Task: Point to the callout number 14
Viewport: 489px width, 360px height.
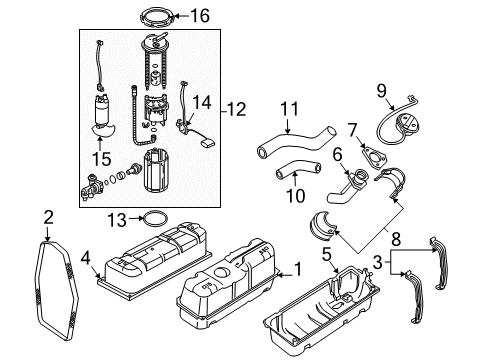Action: click(x=202, y=101)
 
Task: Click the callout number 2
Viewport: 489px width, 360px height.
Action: click(x=47, y=217)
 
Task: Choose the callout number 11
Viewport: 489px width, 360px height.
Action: click(x=289, y=107)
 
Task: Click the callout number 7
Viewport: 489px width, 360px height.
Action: click(x=352, y=129)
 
